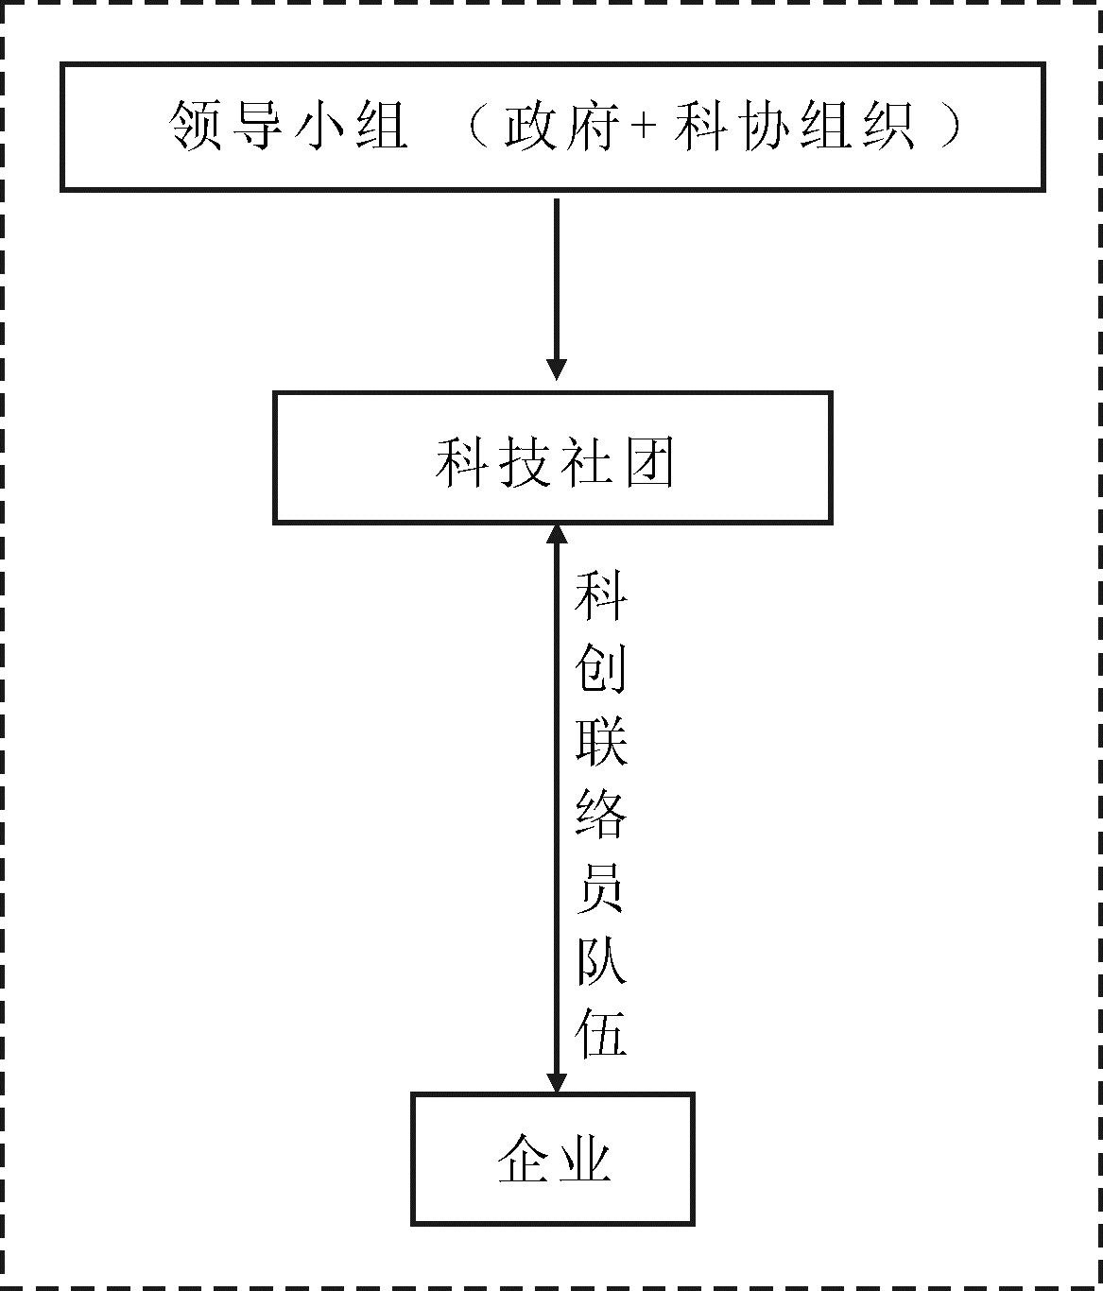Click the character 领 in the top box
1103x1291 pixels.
(x=195, y=126)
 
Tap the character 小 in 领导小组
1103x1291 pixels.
(x=319, y=126)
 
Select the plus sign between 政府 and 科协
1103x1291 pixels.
(x=644, y=127)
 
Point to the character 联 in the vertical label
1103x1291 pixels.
(x=601, y=741)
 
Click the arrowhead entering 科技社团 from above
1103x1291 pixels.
(x=557, y=370)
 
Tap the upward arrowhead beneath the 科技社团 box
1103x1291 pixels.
(x=557, y=535)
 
